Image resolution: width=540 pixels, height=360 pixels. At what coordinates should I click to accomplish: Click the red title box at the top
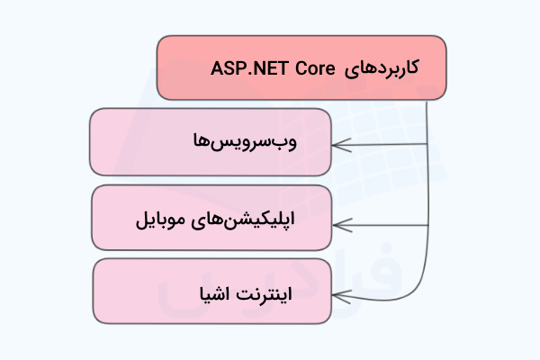(301, 67)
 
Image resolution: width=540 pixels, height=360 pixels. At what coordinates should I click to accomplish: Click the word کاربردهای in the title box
(384, 67)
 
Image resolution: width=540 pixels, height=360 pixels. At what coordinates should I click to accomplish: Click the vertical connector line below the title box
(427, 180)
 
